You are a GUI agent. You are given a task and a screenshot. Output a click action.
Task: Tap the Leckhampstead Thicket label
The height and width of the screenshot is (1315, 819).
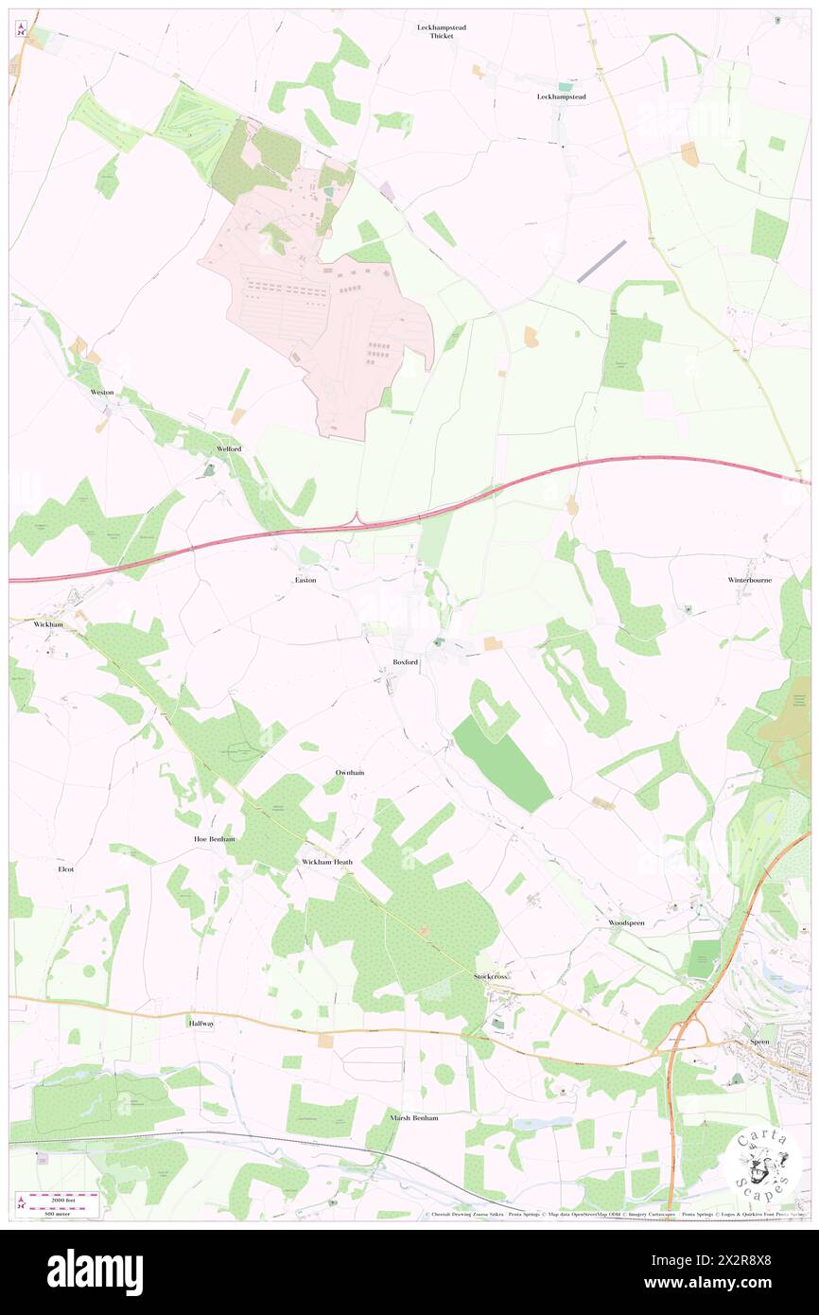[x=442, y=31]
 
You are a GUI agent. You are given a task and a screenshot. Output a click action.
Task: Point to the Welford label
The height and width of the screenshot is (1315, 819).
[x=229, y=448]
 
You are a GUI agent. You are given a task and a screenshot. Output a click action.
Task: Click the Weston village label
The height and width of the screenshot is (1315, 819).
[x=102, y=392]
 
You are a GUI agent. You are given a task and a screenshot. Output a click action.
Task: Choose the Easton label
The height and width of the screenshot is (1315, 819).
[x=305, y=580]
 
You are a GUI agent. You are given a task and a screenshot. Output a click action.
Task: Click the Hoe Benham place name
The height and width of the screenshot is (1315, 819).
[x=214, y=839]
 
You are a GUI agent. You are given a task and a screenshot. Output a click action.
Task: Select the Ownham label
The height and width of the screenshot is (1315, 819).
[x=350, y=773]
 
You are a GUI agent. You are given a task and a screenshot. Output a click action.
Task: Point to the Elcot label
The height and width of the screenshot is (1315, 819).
[x=65, y=868]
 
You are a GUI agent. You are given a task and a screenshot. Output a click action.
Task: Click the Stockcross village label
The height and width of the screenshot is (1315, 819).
[x=491, y=975]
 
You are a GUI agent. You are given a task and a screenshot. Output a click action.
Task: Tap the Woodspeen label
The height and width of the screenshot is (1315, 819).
[x=626, y=921]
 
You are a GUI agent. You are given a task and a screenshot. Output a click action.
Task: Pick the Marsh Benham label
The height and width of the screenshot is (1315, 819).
[x=414, y=1117]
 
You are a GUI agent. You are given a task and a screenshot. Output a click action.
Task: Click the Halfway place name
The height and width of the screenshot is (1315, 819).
[x=201, y=1024]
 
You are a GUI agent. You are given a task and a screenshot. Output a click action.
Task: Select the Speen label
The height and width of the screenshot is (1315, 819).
[x=759, y=1042]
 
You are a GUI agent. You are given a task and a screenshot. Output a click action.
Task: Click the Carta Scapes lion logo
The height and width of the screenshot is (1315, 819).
[x=763, y=1163]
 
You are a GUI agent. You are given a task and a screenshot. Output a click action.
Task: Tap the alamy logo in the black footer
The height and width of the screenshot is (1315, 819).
[x=95, y=1272]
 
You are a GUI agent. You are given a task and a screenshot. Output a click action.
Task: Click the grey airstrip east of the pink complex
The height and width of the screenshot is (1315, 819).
[x=601, y=260]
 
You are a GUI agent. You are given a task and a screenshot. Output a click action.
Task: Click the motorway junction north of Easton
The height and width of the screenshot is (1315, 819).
[x=358, y=518]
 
